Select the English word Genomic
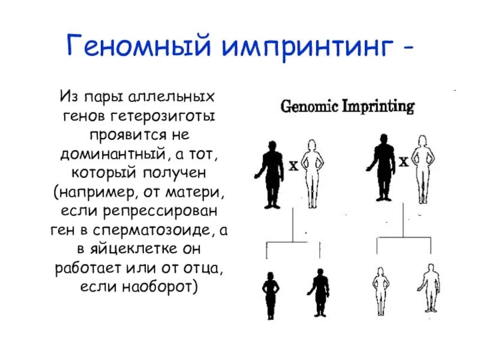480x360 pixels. [x=308, y=108]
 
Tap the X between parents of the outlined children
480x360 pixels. [x=404, y=162]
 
